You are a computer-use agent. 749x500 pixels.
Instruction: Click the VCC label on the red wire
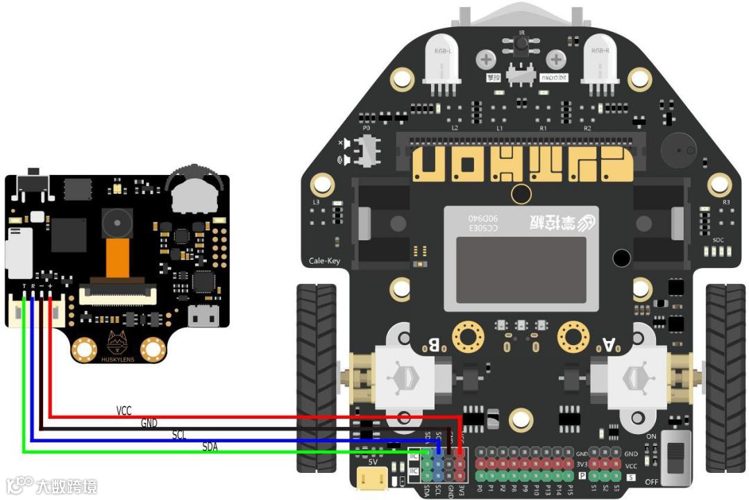[124, 411]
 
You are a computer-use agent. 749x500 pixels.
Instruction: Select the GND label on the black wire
[149, 422]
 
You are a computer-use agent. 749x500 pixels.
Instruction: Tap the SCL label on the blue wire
[179, 435]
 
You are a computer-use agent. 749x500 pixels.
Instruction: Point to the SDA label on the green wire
[210, 447]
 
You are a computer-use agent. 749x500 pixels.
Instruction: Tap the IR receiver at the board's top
[521, 44]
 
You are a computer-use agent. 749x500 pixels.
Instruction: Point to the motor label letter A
[608, 344]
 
